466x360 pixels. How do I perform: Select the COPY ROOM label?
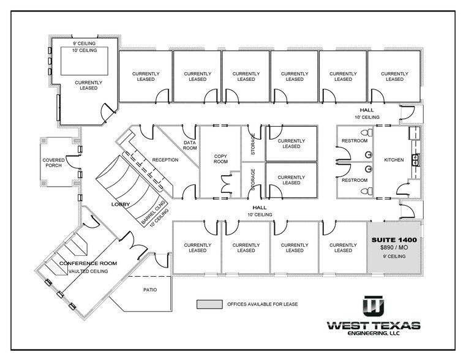[220, 159]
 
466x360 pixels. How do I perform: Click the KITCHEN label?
[394, 160]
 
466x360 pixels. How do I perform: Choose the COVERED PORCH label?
[53, 163]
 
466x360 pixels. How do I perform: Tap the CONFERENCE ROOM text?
[88, 263]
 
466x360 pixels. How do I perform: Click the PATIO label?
[150, 290]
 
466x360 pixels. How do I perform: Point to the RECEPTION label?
[165, 160]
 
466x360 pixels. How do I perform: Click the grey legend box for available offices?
[208, 304]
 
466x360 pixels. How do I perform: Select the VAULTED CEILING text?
[88, 271]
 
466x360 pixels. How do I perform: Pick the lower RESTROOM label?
[355, 180]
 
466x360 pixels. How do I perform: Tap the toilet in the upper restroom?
[367, 133]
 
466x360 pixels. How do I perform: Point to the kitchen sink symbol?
[415, 159]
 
